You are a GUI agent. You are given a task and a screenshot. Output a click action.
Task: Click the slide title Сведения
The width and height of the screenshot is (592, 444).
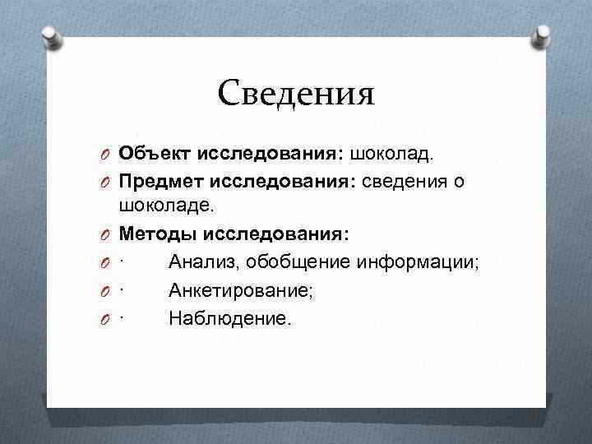[x=296, y=94]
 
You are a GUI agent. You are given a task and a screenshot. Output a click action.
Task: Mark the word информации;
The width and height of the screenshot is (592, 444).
[x=420, y=262]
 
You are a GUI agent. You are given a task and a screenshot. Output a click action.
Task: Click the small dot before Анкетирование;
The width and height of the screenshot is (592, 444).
[x=121, y=290]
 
